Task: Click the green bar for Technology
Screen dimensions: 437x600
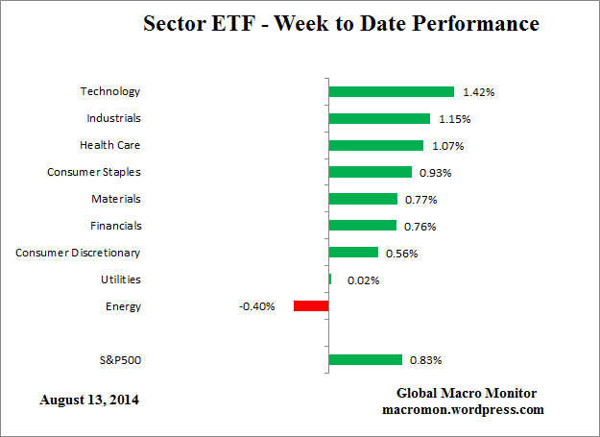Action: [391, 92]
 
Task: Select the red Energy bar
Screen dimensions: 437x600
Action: [311, 306]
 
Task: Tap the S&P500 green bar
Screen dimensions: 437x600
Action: [365, 360]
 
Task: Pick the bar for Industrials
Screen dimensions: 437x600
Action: [379, 119]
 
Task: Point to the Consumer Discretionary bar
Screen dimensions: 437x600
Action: [353, 253]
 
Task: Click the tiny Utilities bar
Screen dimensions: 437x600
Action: [330, 279]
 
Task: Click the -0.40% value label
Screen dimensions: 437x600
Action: [257, 306]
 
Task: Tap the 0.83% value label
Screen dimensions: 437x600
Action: [425, 360]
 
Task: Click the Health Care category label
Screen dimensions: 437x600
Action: [109, 145]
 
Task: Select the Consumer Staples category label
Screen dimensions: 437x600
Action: [94, 172]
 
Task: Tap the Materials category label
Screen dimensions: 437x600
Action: [115, 199]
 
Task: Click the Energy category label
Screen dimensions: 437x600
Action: [123, 306]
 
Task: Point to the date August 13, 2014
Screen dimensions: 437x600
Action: [88, 399]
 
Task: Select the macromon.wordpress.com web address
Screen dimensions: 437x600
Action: [463, 409]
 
